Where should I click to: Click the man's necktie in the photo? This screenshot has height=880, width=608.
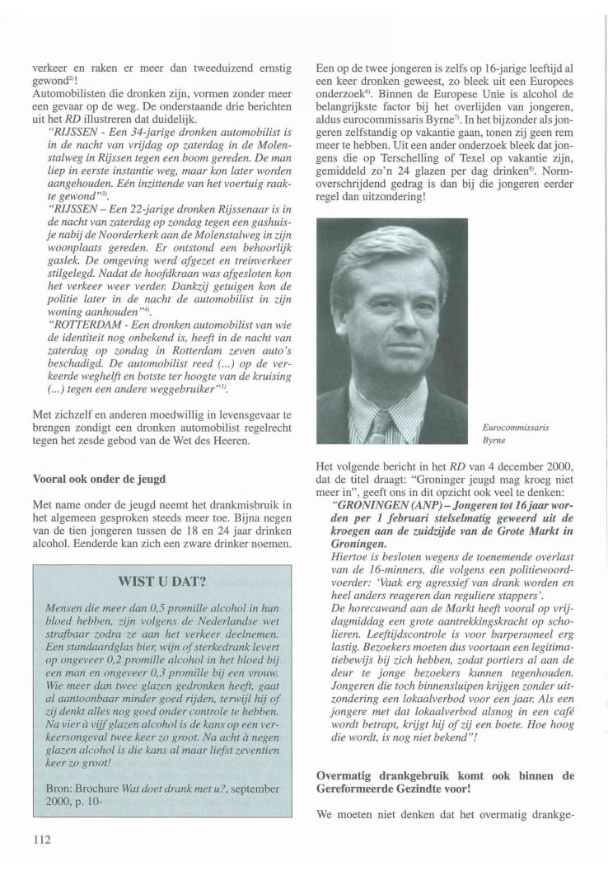(x=381, y=424)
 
